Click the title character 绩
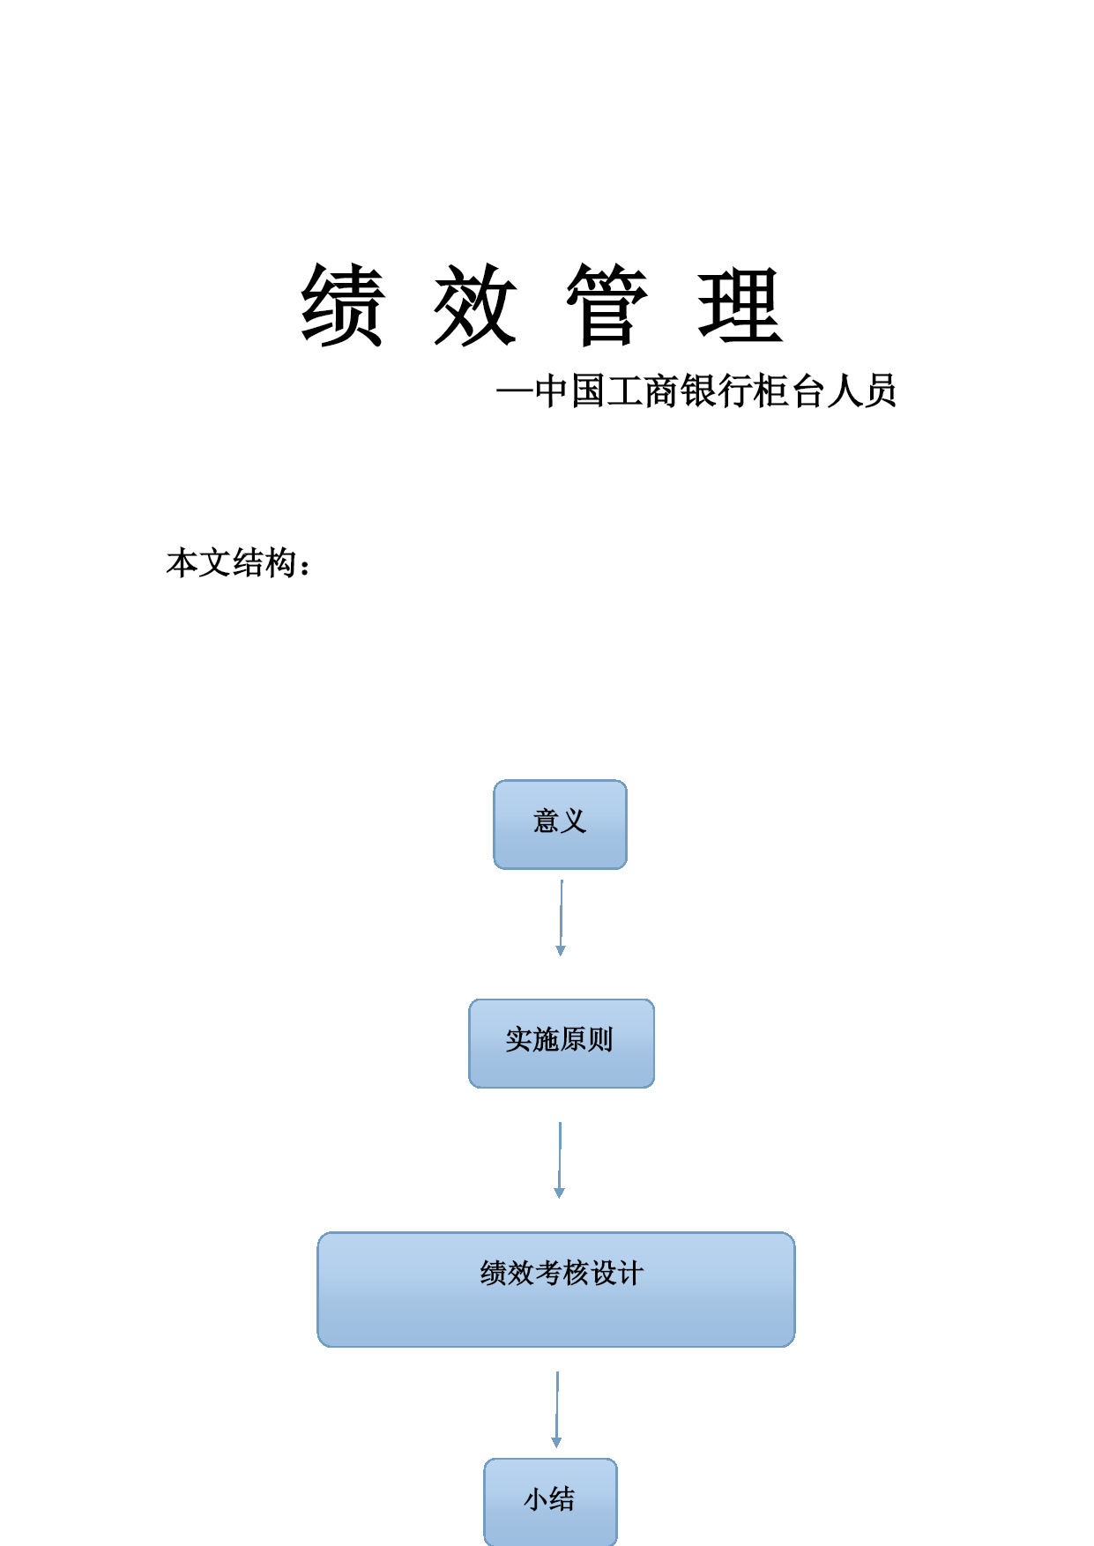tap(342, 305)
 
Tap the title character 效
tap(474, 305)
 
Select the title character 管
tap(607, 305)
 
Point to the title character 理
tap(740, 305)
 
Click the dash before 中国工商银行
tap(515, 390)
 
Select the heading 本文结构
tap(231, 562)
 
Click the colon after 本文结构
tap(305, 567)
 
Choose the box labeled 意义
tap(560, 824)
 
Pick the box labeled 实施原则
tap(562, 1044)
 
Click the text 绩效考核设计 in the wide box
tap(562, 1273)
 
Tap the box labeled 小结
tap(550, 1501)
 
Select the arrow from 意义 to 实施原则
tap(561, 918)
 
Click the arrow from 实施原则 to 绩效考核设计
tap(560, 1160)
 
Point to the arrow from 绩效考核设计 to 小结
tap(557, 1409)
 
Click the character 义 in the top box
tap(574, 821)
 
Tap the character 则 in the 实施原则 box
tap(600, 1039)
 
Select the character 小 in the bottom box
tap(536, 1498)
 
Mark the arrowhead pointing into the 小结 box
tap(556, 1443)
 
